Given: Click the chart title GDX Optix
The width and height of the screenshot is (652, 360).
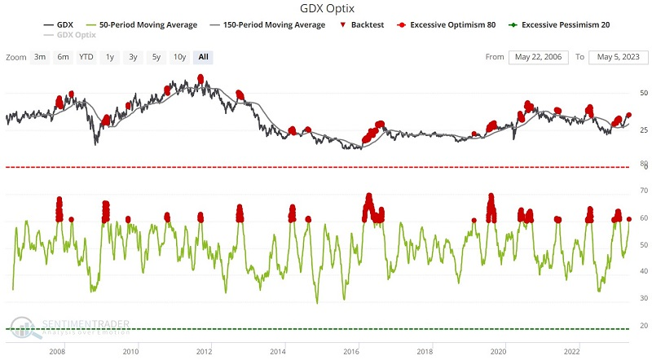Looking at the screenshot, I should pos(325,9).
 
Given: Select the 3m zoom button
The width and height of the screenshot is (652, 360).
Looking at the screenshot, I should pos(39,57).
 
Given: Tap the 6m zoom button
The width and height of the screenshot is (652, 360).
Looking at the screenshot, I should pos(62,57).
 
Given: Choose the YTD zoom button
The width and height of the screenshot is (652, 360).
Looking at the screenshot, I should pos(86,57).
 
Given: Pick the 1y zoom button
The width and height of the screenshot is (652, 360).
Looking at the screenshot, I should pos(108,57).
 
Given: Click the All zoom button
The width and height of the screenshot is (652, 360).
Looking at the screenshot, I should pos(203,57).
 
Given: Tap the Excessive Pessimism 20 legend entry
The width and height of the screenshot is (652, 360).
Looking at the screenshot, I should pos(588,24).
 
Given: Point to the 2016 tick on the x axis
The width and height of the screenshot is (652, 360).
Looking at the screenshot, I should pos(351,351).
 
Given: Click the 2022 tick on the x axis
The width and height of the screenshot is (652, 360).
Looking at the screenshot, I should pos(572,351).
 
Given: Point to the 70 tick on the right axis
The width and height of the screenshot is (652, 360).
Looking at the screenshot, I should pos(645,191).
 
